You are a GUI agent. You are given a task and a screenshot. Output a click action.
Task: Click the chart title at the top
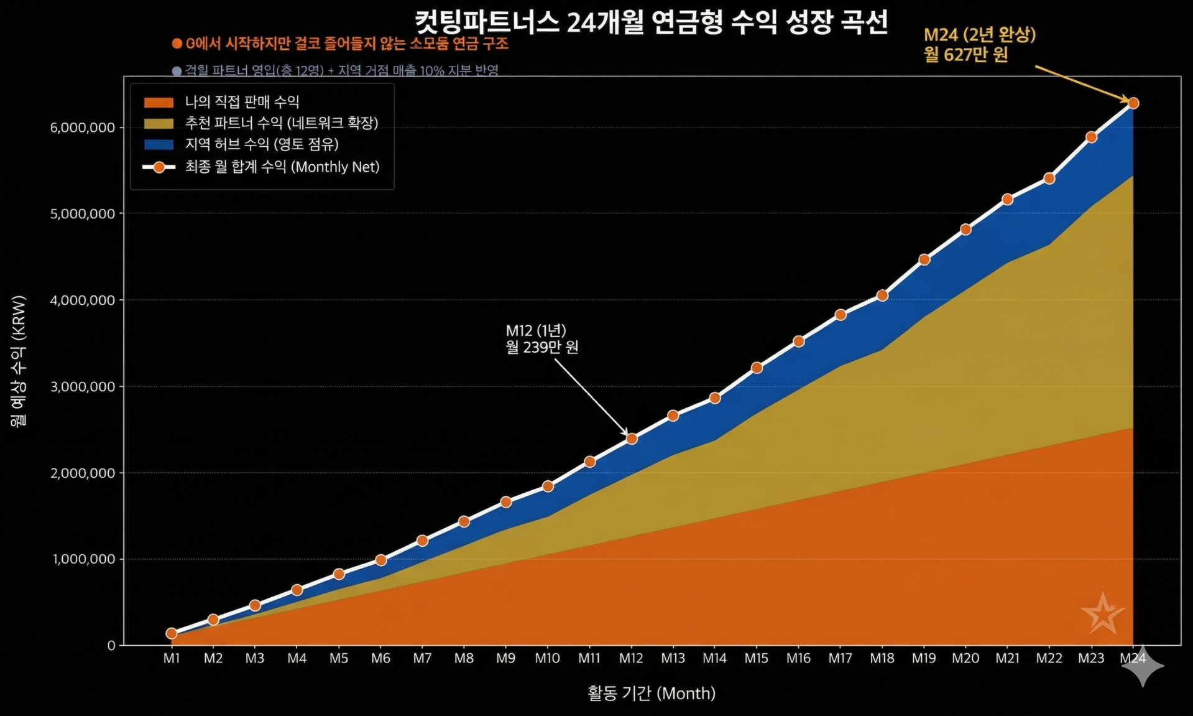651,23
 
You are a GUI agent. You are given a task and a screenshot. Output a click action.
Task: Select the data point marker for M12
632,439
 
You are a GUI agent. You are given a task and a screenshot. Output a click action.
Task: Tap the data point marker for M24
1133,103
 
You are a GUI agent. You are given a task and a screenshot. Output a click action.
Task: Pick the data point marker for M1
172,633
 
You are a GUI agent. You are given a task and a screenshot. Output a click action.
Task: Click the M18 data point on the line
882,295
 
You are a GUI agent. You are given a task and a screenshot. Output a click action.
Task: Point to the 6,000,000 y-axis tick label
83,128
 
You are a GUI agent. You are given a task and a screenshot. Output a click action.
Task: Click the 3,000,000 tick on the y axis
83,386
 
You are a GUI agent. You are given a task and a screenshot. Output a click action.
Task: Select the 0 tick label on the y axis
111,646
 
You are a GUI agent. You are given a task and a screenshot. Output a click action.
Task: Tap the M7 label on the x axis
422,658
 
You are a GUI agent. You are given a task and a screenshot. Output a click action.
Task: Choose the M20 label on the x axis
965,658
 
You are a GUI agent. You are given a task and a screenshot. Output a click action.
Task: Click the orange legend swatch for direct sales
159,102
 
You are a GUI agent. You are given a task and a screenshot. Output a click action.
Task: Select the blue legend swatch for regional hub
159,144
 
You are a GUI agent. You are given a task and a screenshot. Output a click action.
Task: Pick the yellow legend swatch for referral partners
159,123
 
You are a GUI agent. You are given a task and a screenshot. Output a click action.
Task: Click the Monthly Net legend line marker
159,167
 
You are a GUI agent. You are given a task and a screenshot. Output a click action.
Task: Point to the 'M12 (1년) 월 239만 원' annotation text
541,338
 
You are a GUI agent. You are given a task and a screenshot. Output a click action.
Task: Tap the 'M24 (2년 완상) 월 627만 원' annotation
979,45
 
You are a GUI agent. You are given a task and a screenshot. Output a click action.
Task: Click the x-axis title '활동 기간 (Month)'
652,693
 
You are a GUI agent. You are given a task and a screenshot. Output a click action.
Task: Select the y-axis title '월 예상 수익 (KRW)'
19,361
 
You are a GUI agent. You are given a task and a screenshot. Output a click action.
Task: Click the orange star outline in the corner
1103,615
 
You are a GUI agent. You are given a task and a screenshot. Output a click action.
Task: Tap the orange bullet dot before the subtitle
177,44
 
